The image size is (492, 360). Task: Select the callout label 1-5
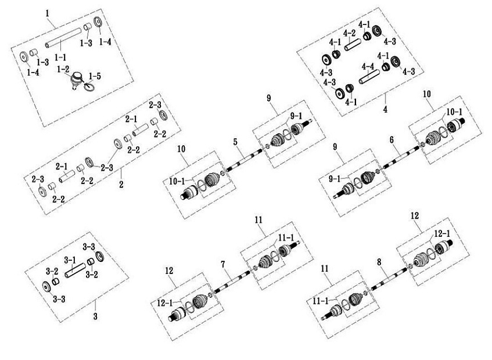[x=95, y=77]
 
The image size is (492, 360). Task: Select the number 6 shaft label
[x=392, y=141]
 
